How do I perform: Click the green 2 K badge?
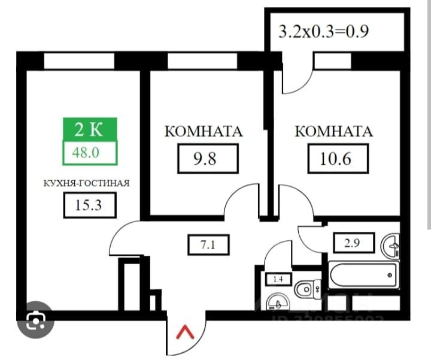[x=90, y=128]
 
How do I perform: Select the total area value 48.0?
[x=90, y=152]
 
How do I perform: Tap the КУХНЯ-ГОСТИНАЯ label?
[x=86, y=183]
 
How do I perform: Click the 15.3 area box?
[x=89, y=206]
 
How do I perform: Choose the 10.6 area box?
[x=338, y=159]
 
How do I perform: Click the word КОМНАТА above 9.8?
[x=204, y=131]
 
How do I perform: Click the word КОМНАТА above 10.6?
[x=334, y=131]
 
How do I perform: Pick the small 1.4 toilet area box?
[x=277, y=279]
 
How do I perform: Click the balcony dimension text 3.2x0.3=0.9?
[x=323, y=31]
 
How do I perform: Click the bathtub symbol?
[x=363, y=276]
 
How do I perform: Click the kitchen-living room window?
[x=78, y=60]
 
